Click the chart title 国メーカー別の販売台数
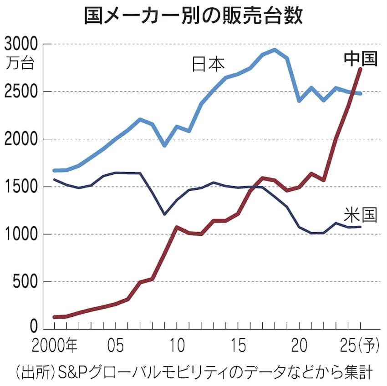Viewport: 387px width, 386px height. click(193, 15)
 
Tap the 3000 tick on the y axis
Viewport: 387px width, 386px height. click(21, 45)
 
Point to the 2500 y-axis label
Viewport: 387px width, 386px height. click(21, 92)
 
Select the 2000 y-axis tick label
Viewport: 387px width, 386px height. click(21, 139)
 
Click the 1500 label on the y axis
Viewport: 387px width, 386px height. click(21, 187)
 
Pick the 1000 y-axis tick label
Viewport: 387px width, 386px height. click(21, 234)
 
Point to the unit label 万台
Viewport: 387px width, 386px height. click(20, 63)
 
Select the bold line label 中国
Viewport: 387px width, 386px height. click(360, 59)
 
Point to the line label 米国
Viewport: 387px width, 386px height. click(360, 214)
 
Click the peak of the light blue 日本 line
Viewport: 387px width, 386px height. click(275, 50)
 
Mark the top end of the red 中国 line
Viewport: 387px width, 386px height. click(361, 69)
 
